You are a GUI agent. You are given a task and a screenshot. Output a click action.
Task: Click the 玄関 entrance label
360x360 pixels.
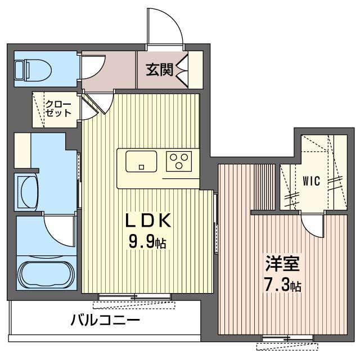(x=159, y=70)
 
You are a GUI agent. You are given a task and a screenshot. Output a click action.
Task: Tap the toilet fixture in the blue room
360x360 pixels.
(x=33, y=70)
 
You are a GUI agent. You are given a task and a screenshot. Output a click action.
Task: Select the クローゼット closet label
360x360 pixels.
(x=58, y=109)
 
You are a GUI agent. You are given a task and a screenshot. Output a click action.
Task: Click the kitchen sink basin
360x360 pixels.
(x=141, y=161)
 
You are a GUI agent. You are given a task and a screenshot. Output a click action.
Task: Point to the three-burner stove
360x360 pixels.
(x=179, y=161)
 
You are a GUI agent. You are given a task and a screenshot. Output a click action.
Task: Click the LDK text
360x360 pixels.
(x=148, y=220)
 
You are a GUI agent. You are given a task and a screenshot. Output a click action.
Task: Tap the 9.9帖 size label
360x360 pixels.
(x=147, y=242)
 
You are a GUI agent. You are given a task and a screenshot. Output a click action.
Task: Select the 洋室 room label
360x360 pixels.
(x=282, y=263)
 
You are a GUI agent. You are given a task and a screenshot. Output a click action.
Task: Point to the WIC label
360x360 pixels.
(x=311, y=181)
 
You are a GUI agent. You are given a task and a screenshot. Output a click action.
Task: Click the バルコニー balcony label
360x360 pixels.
(x=105, y=320)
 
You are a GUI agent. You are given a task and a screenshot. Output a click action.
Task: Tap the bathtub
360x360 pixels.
(x=47, y=274)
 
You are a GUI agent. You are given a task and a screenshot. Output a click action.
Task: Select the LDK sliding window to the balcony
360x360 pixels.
(x=135, y=297)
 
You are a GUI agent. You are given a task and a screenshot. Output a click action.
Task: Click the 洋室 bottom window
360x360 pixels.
(x=287, y=338)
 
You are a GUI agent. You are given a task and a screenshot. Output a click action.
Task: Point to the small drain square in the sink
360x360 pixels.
(x=141, y=167)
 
